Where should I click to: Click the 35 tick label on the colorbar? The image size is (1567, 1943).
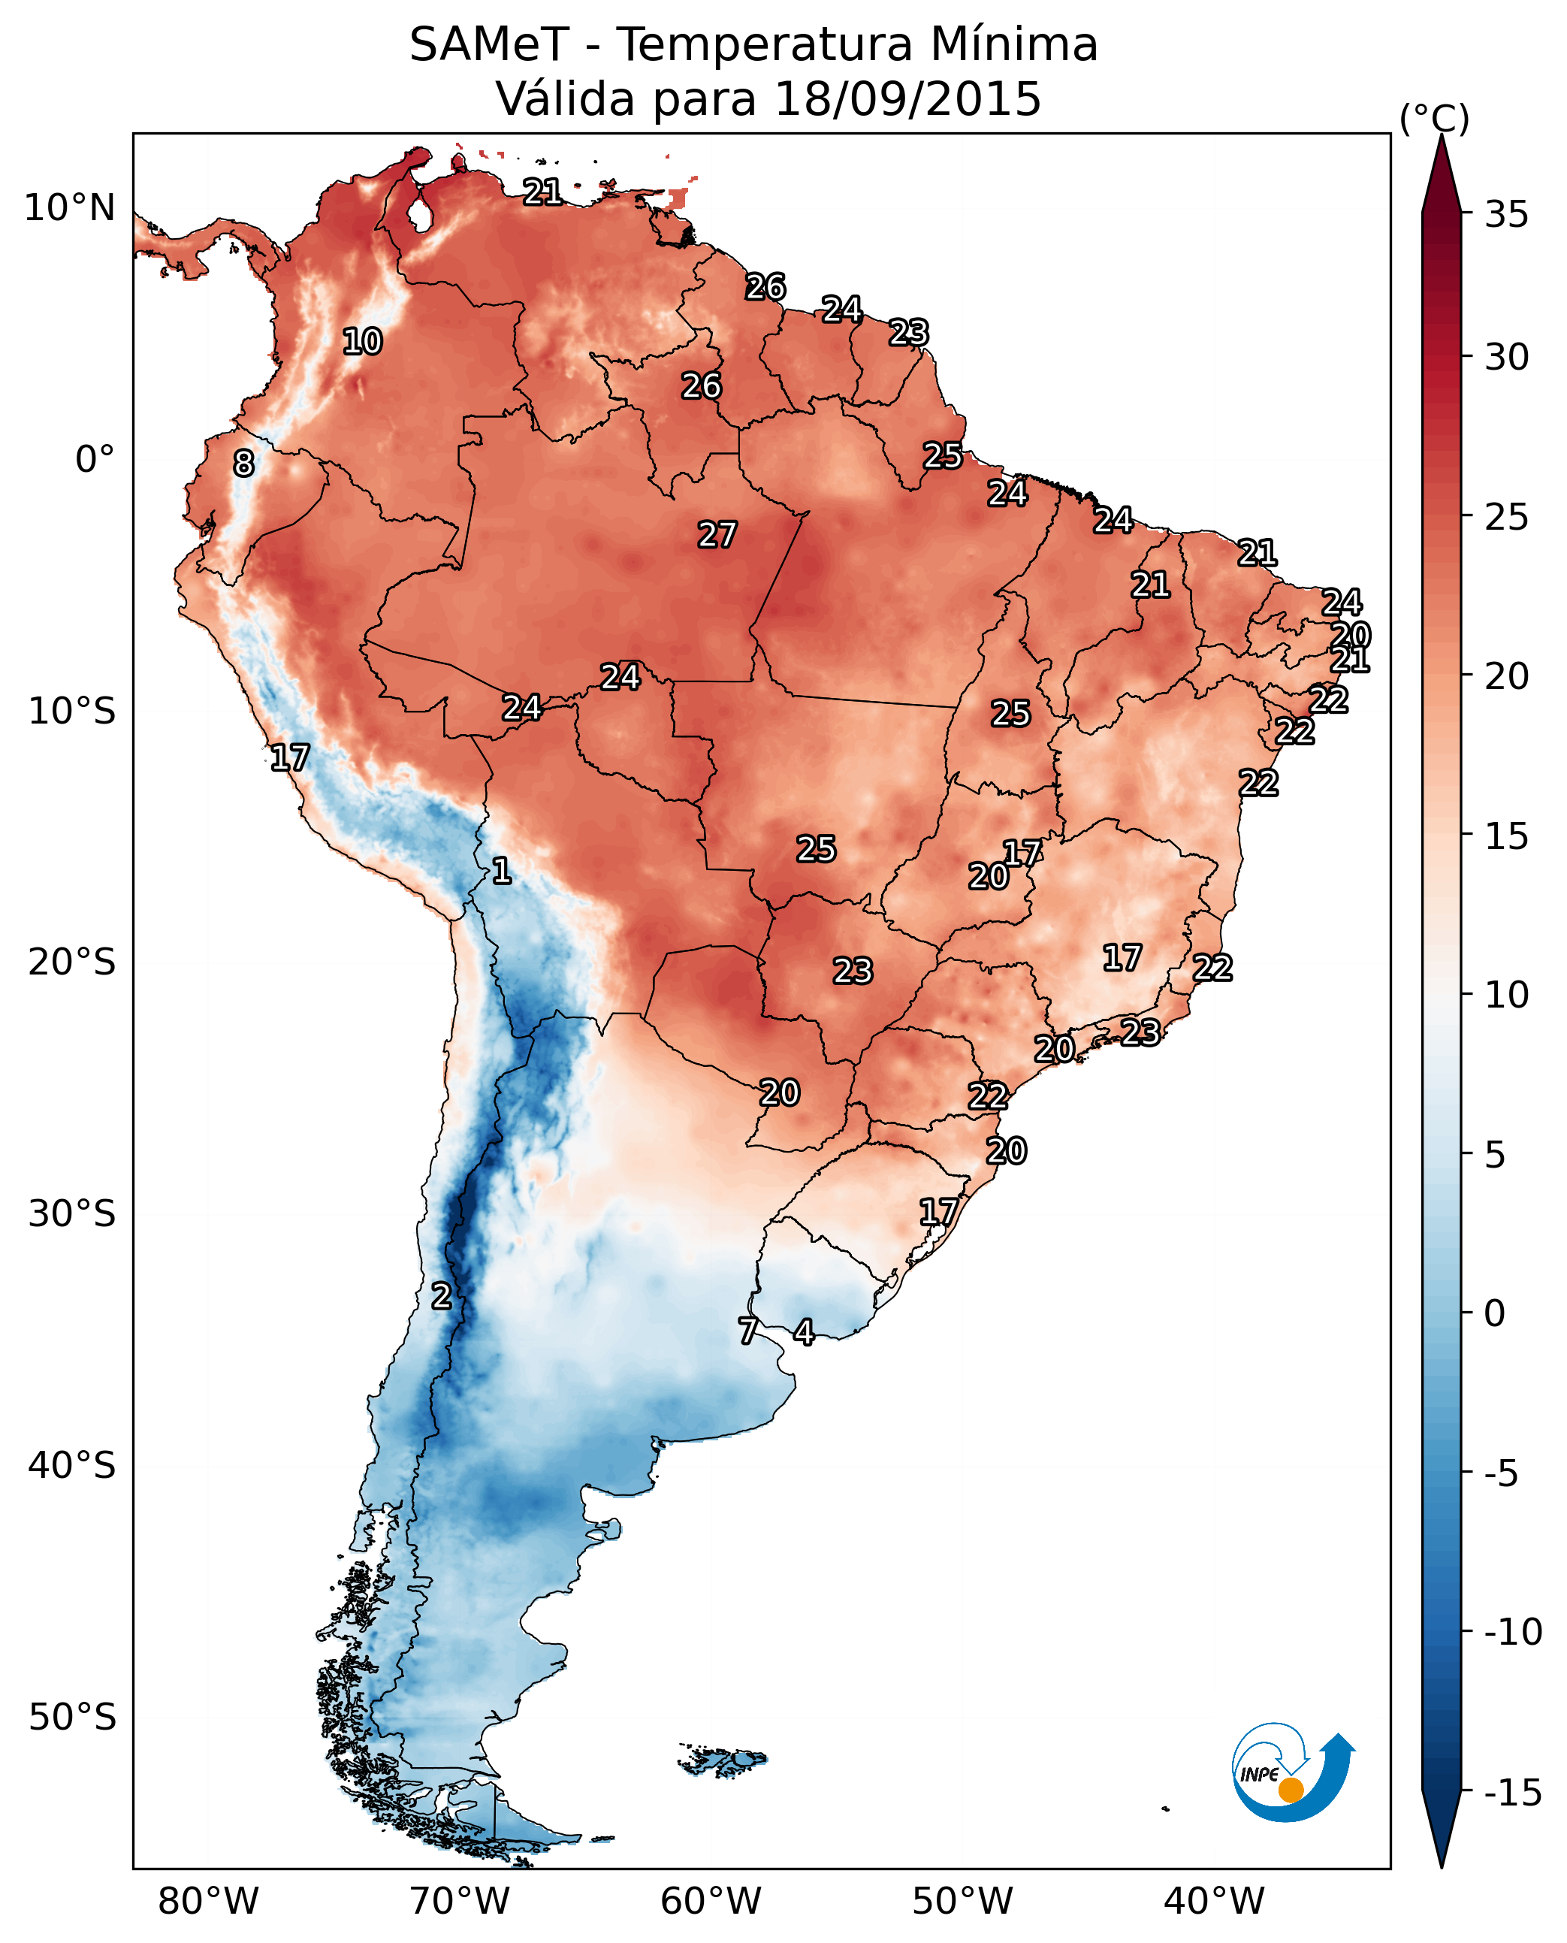1506,215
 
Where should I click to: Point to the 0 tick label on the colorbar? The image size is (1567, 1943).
1495,1313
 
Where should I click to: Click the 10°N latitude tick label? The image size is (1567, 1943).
71,209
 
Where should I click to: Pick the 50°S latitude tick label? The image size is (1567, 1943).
72,1718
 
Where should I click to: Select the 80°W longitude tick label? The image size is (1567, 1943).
209,1902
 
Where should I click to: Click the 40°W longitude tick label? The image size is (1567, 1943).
1213,1902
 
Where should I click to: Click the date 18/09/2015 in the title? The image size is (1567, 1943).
907,99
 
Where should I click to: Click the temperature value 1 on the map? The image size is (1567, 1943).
502,872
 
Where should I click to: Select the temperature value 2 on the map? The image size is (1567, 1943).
440,1297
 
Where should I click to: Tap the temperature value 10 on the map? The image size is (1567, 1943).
363,342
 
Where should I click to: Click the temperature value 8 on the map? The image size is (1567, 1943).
243,464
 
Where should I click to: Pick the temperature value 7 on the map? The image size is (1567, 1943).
748,1331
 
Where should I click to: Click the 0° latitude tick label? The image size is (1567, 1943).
95,461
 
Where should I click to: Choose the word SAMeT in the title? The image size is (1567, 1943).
489,45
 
